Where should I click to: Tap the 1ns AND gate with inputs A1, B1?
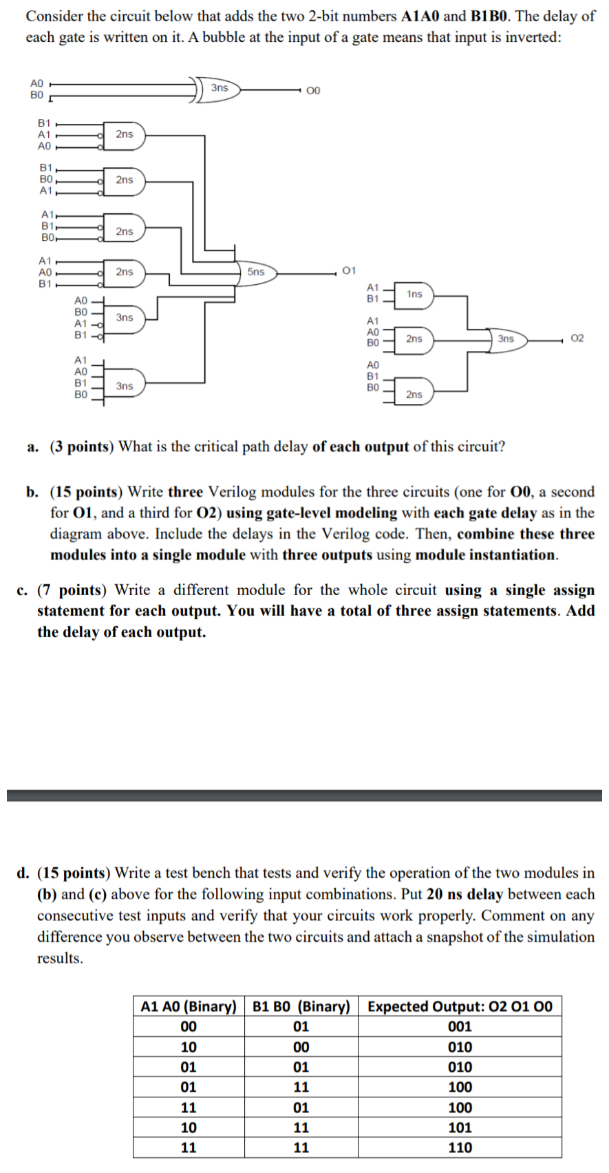click(414, 294)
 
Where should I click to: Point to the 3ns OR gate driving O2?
click(506, 339)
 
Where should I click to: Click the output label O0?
click(313, 91)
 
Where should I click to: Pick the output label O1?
click(350, 270)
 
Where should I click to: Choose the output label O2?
click(577, 338)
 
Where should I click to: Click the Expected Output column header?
click(460, 1007)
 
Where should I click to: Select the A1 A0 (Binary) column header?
click(189, 1007)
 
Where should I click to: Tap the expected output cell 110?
click(460, 1148)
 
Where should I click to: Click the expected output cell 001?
click(460, 1026)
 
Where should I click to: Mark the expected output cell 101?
click(460, 1128)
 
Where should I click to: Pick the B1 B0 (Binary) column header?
click(301, 1007)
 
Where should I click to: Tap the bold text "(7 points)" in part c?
click(70, 590)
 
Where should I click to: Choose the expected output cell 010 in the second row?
click(460, 1047)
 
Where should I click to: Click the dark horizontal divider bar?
click(304, 795)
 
